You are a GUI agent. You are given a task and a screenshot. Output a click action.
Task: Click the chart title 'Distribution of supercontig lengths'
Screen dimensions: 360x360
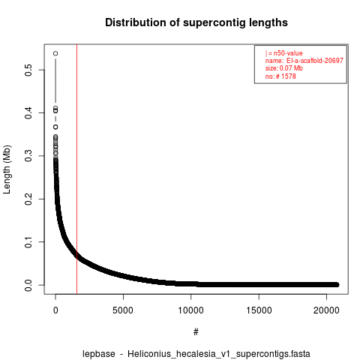click(196, 22)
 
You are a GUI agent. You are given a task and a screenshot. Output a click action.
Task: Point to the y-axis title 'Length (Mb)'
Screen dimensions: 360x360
click(7, 169)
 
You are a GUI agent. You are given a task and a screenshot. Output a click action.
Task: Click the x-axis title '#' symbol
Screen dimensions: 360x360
click(196, 332)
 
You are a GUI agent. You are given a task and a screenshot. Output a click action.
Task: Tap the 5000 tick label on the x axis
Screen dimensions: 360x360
click(123, 310)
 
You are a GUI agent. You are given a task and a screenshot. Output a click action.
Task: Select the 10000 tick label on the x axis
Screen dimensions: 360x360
click(190, 310)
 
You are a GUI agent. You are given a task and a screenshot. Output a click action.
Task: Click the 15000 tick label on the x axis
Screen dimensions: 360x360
click(259, 310)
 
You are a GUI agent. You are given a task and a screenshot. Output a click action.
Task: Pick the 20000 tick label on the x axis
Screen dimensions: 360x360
click(326, 310)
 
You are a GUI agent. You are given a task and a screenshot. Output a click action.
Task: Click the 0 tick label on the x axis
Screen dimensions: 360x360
click(55, 310)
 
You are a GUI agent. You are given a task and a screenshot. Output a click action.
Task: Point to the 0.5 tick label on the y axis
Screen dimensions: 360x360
click(28, 70)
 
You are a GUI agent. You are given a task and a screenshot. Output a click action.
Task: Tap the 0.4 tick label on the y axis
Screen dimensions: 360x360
click(28, 113)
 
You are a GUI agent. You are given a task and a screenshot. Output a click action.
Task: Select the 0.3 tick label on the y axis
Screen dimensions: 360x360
click(28, 156)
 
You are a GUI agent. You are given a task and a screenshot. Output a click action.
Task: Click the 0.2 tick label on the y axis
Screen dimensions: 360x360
click(28, 199)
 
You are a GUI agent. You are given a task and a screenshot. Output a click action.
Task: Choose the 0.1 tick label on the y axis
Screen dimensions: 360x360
click(28, 242)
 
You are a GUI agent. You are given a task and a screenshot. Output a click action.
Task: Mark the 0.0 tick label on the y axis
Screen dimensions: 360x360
click(28, 285)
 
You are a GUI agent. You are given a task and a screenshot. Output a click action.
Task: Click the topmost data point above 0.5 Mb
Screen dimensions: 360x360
click(55, 53)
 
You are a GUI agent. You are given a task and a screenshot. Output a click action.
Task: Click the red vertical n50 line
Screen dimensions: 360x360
click(76, 169)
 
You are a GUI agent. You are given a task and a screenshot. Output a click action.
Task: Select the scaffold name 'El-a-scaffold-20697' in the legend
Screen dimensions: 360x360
click(315, 61)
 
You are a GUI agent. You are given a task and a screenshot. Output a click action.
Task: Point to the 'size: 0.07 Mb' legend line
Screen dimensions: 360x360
click(284, 68)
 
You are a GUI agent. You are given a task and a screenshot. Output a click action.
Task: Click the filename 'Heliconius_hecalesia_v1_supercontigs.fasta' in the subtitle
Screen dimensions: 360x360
click(219, 354)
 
